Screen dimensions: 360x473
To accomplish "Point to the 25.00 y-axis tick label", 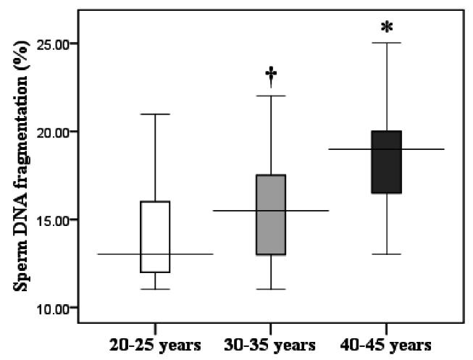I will pyautogui.click(x=54, y=44).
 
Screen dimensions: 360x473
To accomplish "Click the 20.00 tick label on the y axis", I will pyautogui.click(x=54, y=132).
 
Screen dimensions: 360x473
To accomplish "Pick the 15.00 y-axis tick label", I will pyautogui.click(x=54, y=220).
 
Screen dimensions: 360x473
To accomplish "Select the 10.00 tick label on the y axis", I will pyautogui.click(x=54, y=308).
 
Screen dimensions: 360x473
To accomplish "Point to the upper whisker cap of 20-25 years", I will pyautogui.click(x=155, y=114).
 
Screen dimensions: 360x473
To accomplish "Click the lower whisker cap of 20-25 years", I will pyautogui.click(x=155, y=289).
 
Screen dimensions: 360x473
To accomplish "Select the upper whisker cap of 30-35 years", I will pyautogui.click(x=271, y=96).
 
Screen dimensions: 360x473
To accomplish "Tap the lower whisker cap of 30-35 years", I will pyautogui.click(x=271, y=289).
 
